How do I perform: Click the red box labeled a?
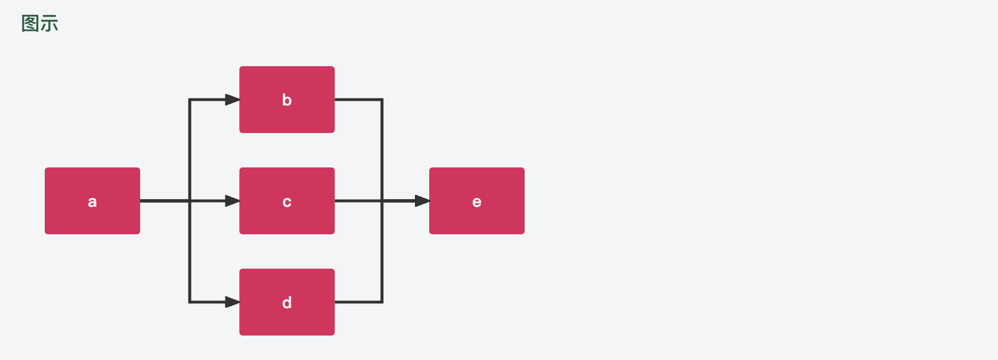(x=92, y=201)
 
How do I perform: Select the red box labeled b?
(x=287, y=100)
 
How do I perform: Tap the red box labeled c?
(x=287, y=201)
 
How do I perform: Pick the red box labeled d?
(x=287, y=302)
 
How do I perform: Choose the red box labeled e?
(x=477, y=201)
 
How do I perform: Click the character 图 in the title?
(x=30, y=23)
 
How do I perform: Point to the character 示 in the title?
(x=49, y=23)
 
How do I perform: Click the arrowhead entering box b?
(x=233, y=100)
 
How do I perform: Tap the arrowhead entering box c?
(x=233, y=201)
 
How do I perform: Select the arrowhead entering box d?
(x=233, y=302)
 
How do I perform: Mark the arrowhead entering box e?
(x=422, y=201)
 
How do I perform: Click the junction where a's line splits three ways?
(x=190, y=201)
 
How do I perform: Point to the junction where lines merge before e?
(x=382, y=201)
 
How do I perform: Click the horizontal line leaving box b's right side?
(x=358, y=100)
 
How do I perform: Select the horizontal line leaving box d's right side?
(x=358, y=302)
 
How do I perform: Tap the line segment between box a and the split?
(x=165, y=201)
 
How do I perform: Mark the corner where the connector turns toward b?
(x=190, y=100)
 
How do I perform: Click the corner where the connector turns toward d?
(x=190, y=302)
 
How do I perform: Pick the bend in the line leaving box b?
(x=382, y=100)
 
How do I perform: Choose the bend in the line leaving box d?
(x=382, y=302)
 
